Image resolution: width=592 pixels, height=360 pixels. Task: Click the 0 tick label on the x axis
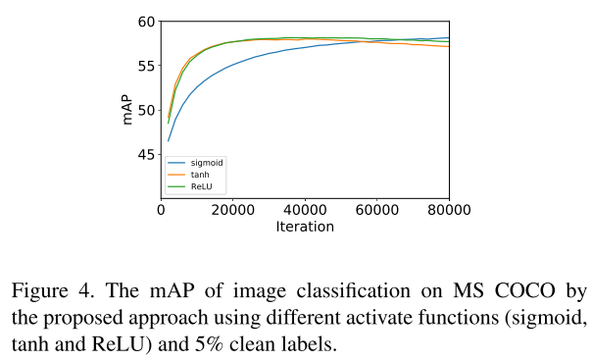pyautogui.click(x=162, y=210)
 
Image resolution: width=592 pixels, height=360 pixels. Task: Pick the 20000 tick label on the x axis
pyautogui.click(x=233, y=210)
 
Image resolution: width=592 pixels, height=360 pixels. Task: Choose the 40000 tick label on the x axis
pyautogui.click(x=305, y=210)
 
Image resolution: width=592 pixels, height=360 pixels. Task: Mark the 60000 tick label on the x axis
pyautogui.click(x=376, y=210)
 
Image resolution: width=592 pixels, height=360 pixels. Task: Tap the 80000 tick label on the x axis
pyautogui.click(x=448, y=210)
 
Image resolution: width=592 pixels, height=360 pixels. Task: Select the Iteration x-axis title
pyautogui.click(x=305, y=227)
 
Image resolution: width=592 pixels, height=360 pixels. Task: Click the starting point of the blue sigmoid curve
pyautogui.click(x=169, y=140)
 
